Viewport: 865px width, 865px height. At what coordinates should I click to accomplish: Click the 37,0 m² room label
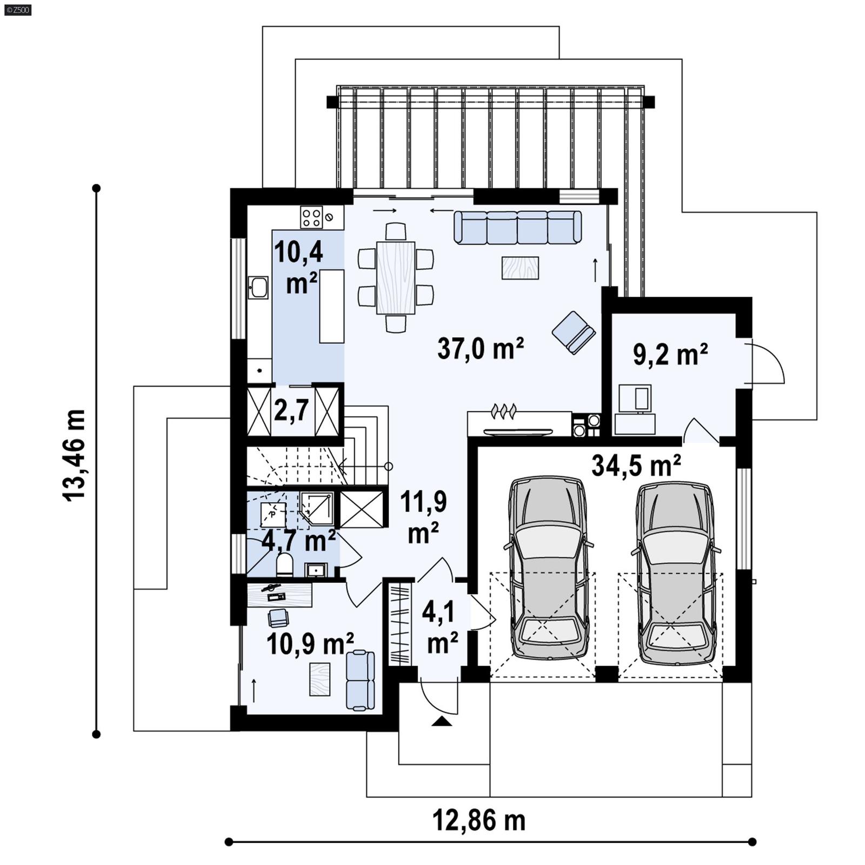(x=480, y=349)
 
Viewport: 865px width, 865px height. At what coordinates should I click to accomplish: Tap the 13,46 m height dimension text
(x=75, y=455)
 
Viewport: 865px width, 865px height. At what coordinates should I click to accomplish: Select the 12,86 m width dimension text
(x=478, y=821)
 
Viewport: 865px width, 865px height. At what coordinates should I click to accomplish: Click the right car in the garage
(x=676, y=573)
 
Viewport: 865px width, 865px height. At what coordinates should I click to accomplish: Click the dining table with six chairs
(x=396, y=277)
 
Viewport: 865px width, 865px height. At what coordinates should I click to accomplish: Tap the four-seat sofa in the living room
(x=517, y=227)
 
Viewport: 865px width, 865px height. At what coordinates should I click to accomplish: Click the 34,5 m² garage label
(x=636, y=465)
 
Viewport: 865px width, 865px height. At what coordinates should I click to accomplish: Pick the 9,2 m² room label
(x=670, y=355)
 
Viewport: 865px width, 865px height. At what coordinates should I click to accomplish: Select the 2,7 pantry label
(x=291, y=411)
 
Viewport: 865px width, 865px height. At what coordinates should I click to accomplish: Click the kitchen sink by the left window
(x=258, y=288)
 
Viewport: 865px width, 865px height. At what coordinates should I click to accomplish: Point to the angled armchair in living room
(x=573, y=332)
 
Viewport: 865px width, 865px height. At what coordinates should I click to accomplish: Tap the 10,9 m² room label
(x=310, y=644)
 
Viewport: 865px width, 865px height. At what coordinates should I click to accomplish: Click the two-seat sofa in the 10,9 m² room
(x=360, y=680)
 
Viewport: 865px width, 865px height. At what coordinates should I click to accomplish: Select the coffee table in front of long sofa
(x=520, y=268)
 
